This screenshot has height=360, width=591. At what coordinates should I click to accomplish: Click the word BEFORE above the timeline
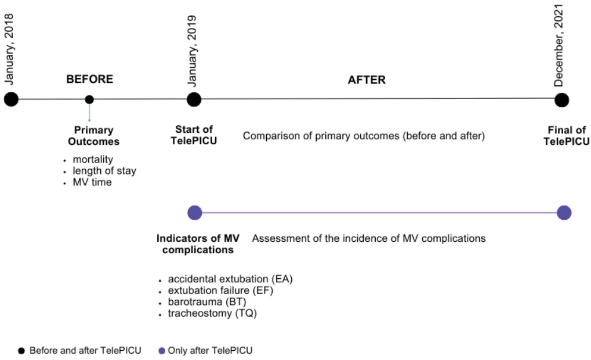[x=89, y=79]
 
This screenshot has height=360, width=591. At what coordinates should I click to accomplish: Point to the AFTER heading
[x=367, y=79]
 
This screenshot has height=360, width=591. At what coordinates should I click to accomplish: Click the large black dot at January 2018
[x=11, y=99]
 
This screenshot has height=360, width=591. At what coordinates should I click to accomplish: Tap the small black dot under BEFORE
[x=89, y=99]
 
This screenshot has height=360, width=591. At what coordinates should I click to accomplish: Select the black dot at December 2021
[x=561, y=100]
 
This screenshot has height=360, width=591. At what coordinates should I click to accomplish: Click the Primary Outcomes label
[x=93, y=136]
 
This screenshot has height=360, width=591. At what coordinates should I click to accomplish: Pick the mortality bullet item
[x=93, y=159]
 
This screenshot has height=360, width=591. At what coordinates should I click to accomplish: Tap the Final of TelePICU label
[x=567, y=136]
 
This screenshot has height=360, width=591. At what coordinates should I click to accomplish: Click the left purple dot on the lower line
[x=195, y=213]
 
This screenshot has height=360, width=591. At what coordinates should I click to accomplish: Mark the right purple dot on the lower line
[x=564, y=213]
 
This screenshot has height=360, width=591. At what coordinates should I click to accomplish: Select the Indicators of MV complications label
[x=198, y=244]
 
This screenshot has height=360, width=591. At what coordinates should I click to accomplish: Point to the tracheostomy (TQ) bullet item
[x=212, y=313]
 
